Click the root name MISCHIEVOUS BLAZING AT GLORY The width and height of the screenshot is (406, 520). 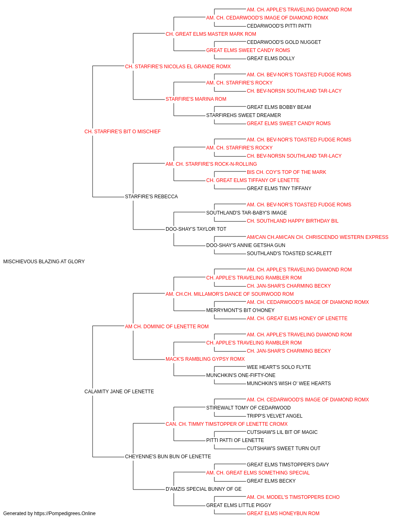44,262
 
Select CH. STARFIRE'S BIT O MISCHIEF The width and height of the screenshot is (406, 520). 123,132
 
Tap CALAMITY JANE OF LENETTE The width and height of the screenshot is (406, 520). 119,392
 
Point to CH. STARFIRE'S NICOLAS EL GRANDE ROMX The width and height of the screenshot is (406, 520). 178,67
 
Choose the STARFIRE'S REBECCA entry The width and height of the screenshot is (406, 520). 151,197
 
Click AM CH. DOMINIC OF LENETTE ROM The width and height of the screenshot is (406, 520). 166,327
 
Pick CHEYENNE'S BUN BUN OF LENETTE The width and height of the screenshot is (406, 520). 168,457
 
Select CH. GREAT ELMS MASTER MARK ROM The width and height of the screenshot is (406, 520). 211,34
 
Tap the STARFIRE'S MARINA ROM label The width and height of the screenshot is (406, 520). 196,99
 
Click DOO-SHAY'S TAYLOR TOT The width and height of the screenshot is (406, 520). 196,229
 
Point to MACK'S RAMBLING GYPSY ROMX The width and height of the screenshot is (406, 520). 205,359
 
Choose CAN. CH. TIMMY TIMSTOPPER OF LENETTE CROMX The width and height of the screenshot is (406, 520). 227,424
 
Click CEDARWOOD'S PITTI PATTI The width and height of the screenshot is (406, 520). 279,26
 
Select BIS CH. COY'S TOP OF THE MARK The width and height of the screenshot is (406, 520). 287,172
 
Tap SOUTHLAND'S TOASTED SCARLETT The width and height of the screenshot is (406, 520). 289,253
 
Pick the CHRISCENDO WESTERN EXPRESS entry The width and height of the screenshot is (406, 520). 317,237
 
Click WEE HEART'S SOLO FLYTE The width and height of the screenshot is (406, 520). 279,367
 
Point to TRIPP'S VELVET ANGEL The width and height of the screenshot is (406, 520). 274,416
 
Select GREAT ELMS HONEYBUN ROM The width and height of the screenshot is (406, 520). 283,513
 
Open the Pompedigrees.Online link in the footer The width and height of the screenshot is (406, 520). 65,513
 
